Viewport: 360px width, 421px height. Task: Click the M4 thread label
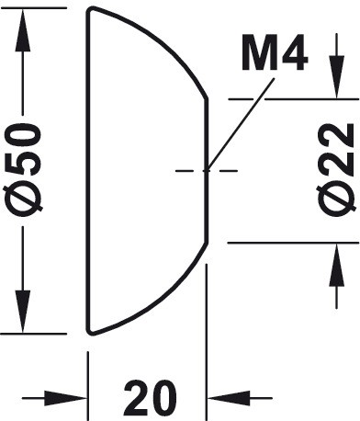tap(275, 52)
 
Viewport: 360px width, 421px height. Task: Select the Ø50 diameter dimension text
tap(22, 170)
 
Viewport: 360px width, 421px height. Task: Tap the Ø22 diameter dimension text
tap(336, 169)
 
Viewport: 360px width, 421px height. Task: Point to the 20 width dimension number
tap(150, 397)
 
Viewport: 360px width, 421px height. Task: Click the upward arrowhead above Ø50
tap(22, 29)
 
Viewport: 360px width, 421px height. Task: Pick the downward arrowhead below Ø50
tap(23, 312)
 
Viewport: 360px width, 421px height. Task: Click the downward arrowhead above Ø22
tap(336, 77)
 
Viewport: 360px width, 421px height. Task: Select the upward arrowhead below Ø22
tap(337, 265)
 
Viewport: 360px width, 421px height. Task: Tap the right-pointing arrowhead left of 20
tap(66, 398)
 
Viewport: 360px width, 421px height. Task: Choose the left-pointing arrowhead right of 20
tap(230, 398)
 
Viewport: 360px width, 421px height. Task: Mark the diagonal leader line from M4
tap(241, 124)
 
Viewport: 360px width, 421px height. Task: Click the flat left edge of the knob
tap(88, 171)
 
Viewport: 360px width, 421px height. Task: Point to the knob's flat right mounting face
tap(207, 171)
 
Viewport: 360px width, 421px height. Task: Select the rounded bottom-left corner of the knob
tap(89, 332)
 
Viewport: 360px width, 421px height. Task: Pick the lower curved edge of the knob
tap(159, 302)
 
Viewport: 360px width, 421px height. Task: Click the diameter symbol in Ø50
tap(23, 200)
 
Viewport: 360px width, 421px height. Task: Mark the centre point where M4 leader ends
tap(207, 170)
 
